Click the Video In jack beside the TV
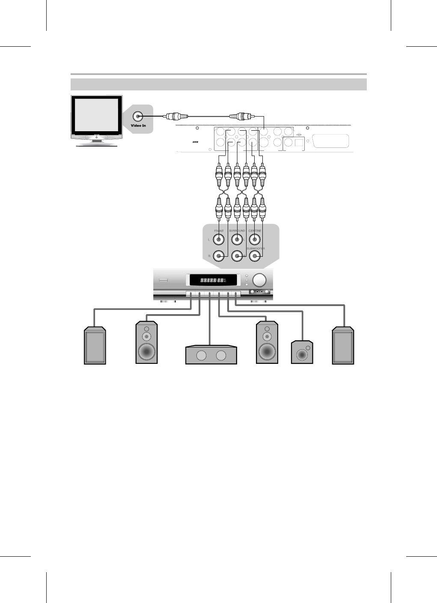[x=138, y=116]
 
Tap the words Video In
[x=138, y=126]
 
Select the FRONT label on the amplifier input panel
[x=219, y=231]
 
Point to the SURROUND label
[x=237, y=231]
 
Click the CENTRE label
[x=255, y=231]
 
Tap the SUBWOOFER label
[x=256, y=249]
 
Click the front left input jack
[x=219, y=240]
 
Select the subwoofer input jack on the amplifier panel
[x=255, y=256]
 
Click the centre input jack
[x=255, y=240]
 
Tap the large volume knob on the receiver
[x=259, y=280]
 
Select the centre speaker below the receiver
[x=211, y=355]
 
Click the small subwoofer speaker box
[x=302, y=353]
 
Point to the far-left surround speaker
[x=95, y=345]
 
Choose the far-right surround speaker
[x=343, y=345]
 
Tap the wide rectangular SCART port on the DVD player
[x=331, y=141]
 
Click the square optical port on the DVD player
[x=299, y=141]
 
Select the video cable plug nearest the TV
[x=175, y=116]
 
